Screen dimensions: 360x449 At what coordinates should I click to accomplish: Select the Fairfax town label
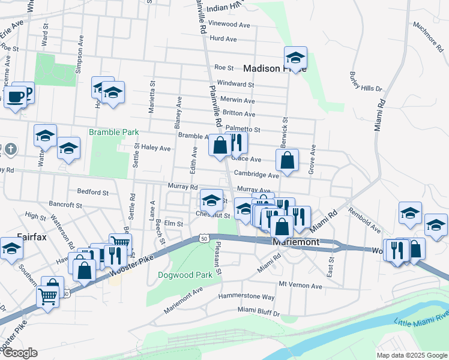[x=31, y=236]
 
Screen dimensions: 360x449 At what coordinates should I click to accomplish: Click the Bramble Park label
[x=114, y=132]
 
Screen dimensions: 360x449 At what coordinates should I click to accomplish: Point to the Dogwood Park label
[x=176, y=275]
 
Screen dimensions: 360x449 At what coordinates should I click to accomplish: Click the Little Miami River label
[x=421, y=319]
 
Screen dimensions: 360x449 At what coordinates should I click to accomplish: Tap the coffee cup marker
[x=15, y=97]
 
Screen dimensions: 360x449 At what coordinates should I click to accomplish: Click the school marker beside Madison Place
[x=295, y=59]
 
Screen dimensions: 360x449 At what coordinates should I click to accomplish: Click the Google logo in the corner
[x=19, y=353]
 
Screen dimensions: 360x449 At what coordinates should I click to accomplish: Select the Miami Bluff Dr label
[x=258, y=310]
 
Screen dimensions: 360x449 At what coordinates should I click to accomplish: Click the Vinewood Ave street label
[x=229, y=25]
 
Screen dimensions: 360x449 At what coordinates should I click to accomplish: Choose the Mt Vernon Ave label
[x=298, y=284]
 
